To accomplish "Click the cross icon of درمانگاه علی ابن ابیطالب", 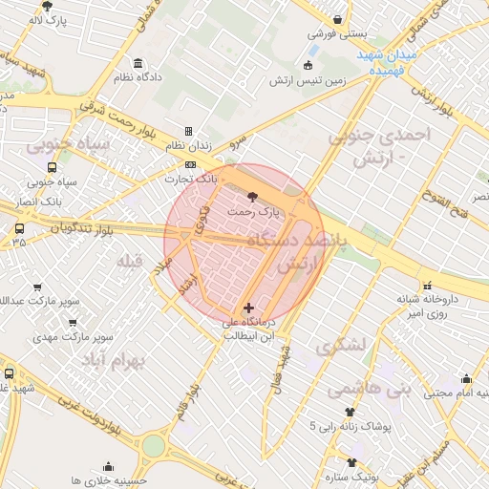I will [x=249, y=308].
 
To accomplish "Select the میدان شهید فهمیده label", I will [x=386, y=63].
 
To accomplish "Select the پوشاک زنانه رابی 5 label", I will [x=345, y=427].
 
